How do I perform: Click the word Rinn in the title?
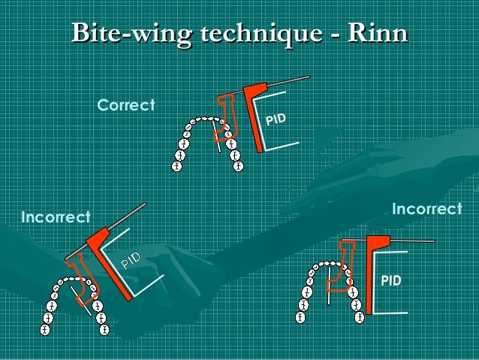378,33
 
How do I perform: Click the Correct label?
125,106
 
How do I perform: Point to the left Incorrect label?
56,218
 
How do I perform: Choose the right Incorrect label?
426,207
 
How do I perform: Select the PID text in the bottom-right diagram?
390,281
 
